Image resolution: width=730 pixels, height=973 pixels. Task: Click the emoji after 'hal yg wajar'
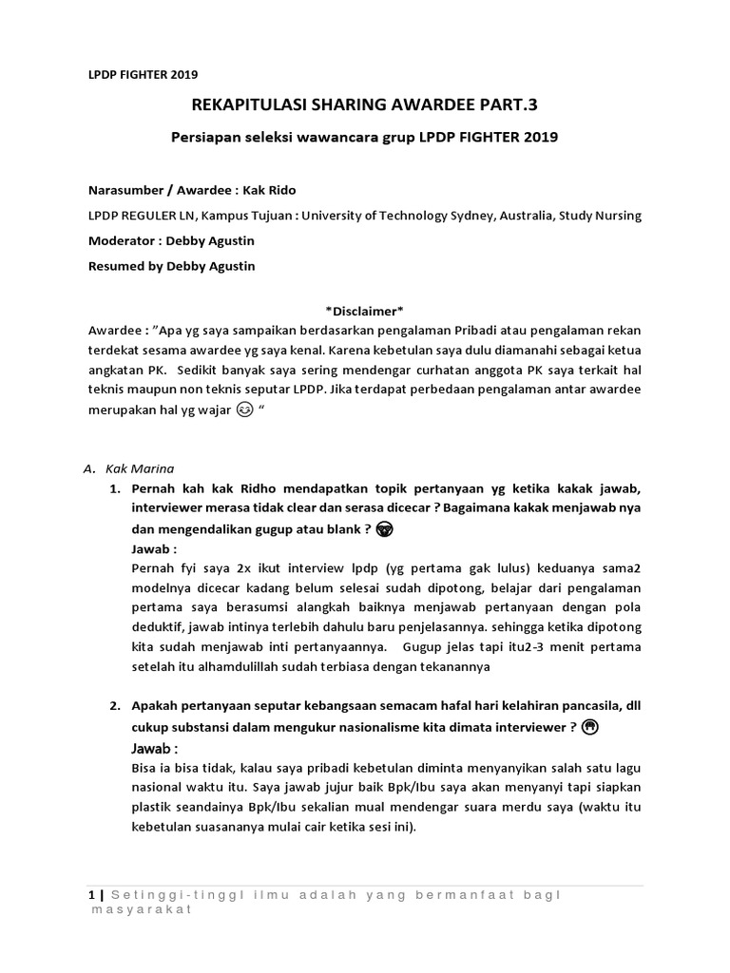pyautogui.click(x=244, y=414)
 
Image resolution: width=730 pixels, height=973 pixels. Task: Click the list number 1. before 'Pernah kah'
pyautogui.click(x=112, y=488)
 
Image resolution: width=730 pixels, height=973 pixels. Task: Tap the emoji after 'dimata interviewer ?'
pyautogui.click(x=588, y=728)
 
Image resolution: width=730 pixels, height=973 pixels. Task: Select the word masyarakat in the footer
pyautogui.click(x=140, y=909)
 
